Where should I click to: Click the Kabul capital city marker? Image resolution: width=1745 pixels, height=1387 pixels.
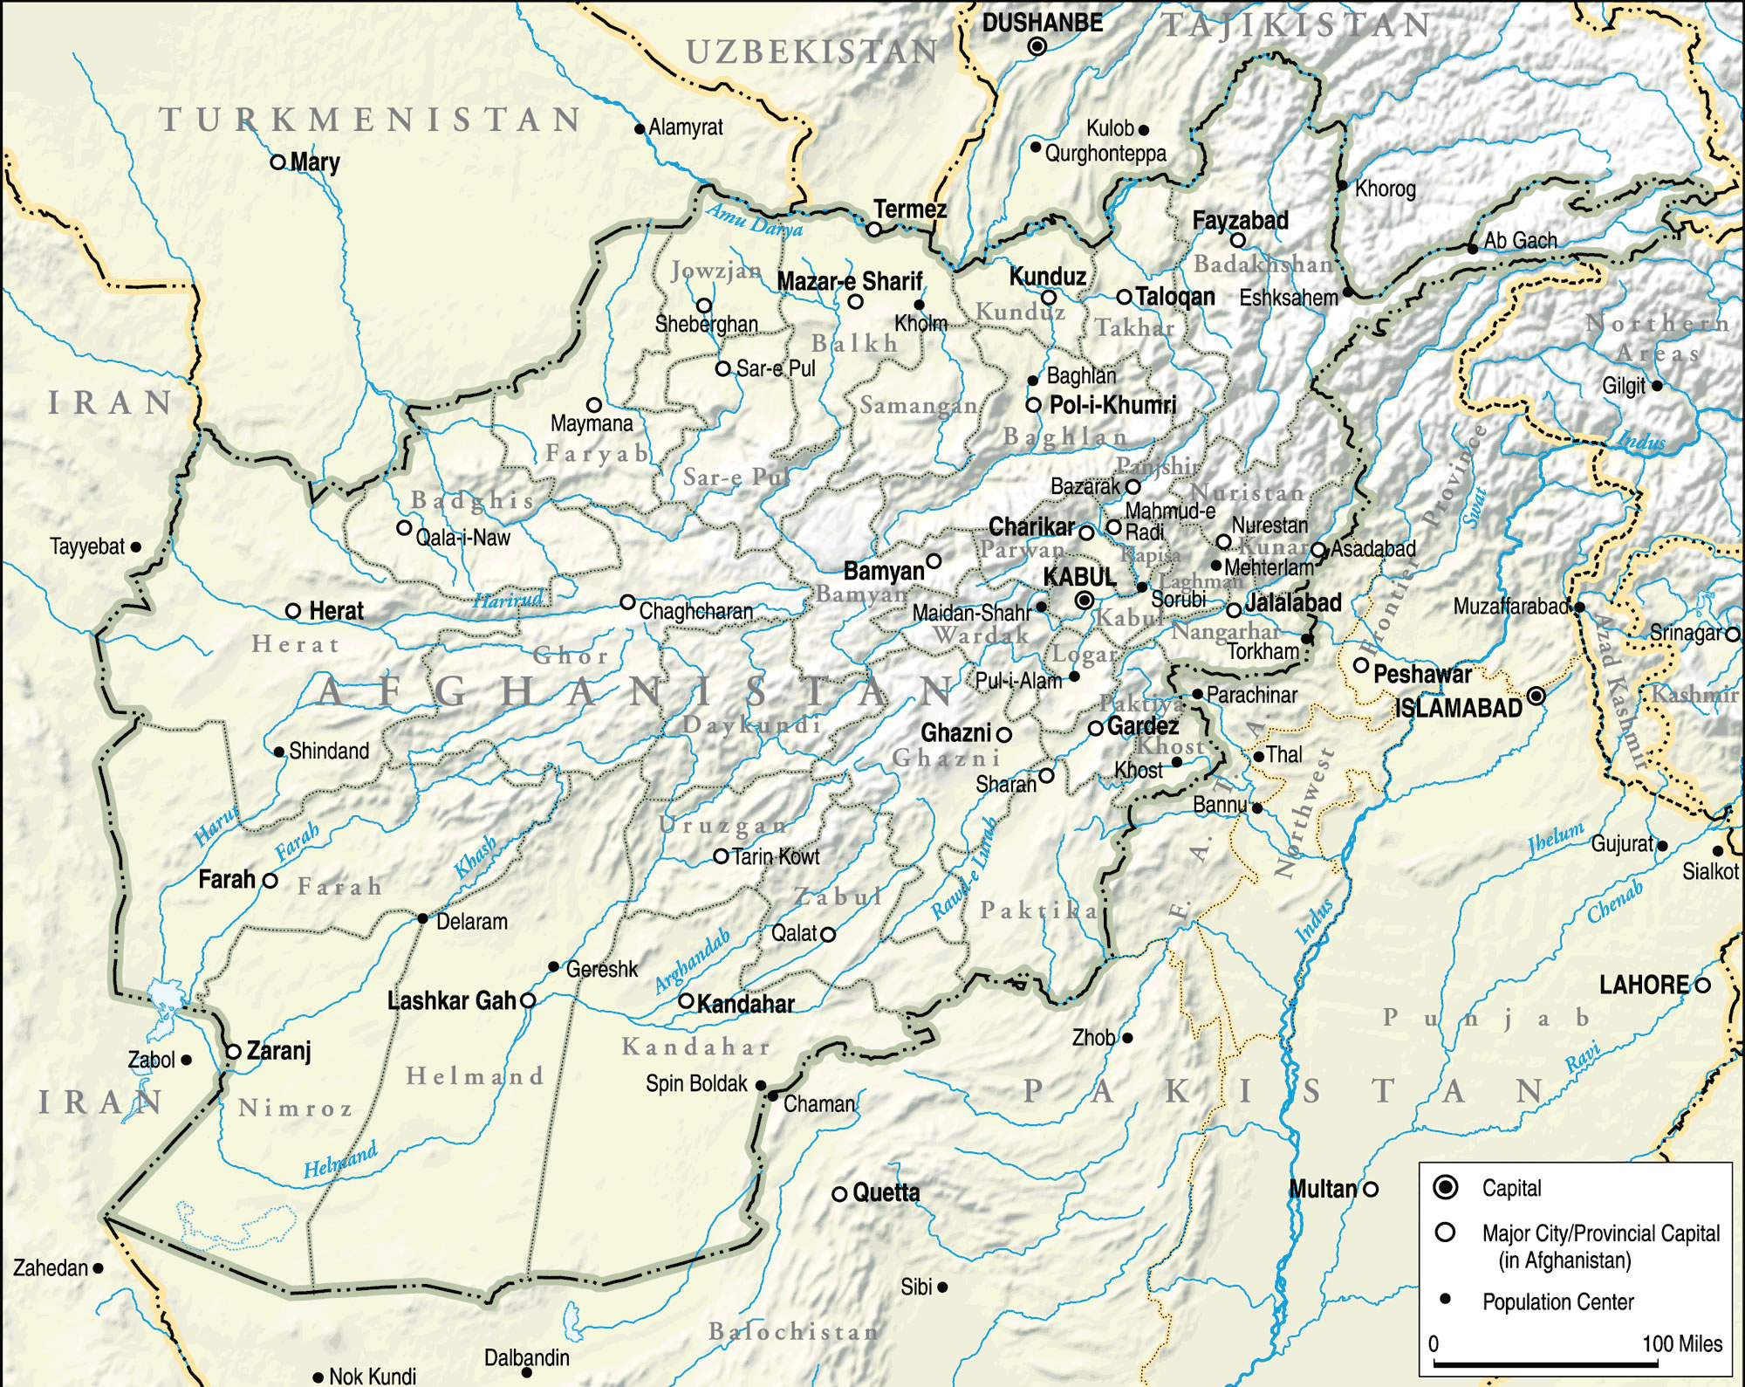(1085, 600)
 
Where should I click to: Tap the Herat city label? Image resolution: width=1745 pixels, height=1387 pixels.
(336, 611)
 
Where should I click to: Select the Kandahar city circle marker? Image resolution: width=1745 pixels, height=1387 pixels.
(686, 1000)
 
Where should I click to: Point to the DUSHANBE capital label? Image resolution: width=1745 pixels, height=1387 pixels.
(1043, 23)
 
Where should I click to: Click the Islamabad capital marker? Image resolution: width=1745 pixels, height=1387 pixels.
(1536, 696)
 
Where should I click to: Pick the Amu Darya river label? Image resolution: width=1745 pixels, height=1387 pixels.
(755, 221)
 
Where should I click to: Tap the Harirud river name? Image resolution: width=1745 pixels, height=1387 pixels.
(508, 600)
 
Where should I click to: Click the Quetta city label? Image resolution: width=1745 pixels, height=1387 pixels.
(886, 1192)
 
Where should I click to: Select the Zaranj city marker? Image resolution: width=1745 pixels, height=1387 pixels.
(233, 1052)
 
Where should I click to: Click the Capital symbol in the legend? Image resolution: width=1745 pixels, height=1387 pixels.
(1446, 1187)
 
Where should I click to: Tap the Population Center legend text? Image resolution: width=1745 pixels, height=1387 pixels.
(1557, 1301)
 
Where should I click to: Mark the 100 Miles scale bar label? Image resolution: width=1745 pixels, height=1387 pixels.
(1682, 1343)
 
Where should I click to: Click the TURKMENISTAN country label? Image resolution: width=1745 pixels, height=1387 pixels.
(371, 120)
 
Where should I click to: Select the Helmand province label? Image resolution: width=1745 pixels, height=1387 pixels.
(476, 1076)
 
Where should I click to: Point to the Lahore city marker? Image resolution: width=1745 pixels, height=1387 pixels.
(1702, 985)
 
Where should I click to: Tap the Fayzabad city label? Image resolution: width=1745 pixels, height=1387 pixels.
(1240, 221)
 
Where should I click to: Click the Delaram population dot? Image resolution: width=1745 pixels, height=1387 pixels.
(422, 918)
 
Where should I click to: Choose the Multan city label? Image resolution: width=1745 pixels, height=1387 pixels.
(1323, 1188)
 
